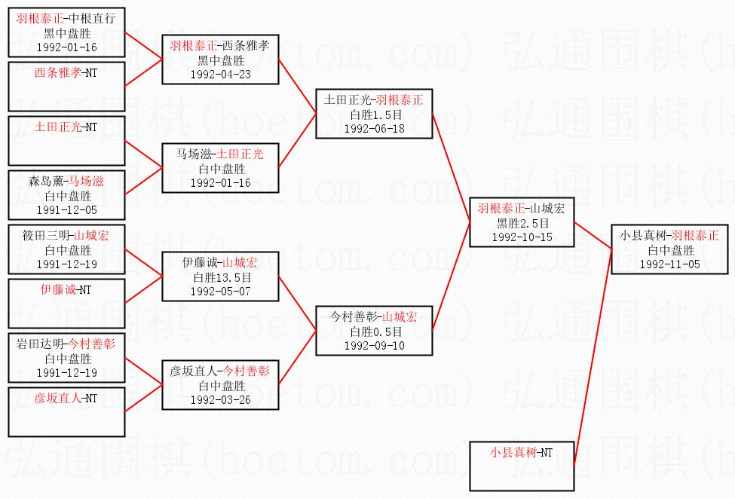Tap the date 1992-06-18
pyautogui.click(x=374, y=129)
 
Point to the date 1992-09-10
pyautogui.click(x=374, y=346)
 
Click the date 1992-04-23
pyautogui.click(x=220, y=75)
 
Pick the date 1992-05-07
pyautogui.click(x=220, y=292)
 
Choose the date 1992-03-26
pyautogui.click(x=220, y=400)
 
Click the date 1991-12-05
pyautogui.click(x=66, y=210)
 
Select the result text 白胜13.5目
pyautogui.click(x=220, y=277)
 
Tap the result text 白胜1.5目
pyautogui.click(x=374, y=115)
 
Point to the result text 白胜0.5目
pyautogui.click(x=374, y=331)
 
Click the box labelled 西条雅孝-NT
pyautogui.click(x=66, y=87)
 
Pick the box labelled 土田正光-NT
pyautogui.click(x=66, y=141)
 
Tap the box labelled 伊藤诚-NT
pyautogui.click(x=66, y=304)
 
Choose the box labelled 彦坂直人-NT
pyautogui.click(x=66, y=412)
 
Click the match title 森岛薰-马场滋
pyautogui.click(x=66, y=181)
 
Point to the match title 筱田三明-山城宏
pyautogui.click(x=66, y=235)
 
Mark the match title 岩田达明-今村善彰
pyautogui.click(x=66, y=344)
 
